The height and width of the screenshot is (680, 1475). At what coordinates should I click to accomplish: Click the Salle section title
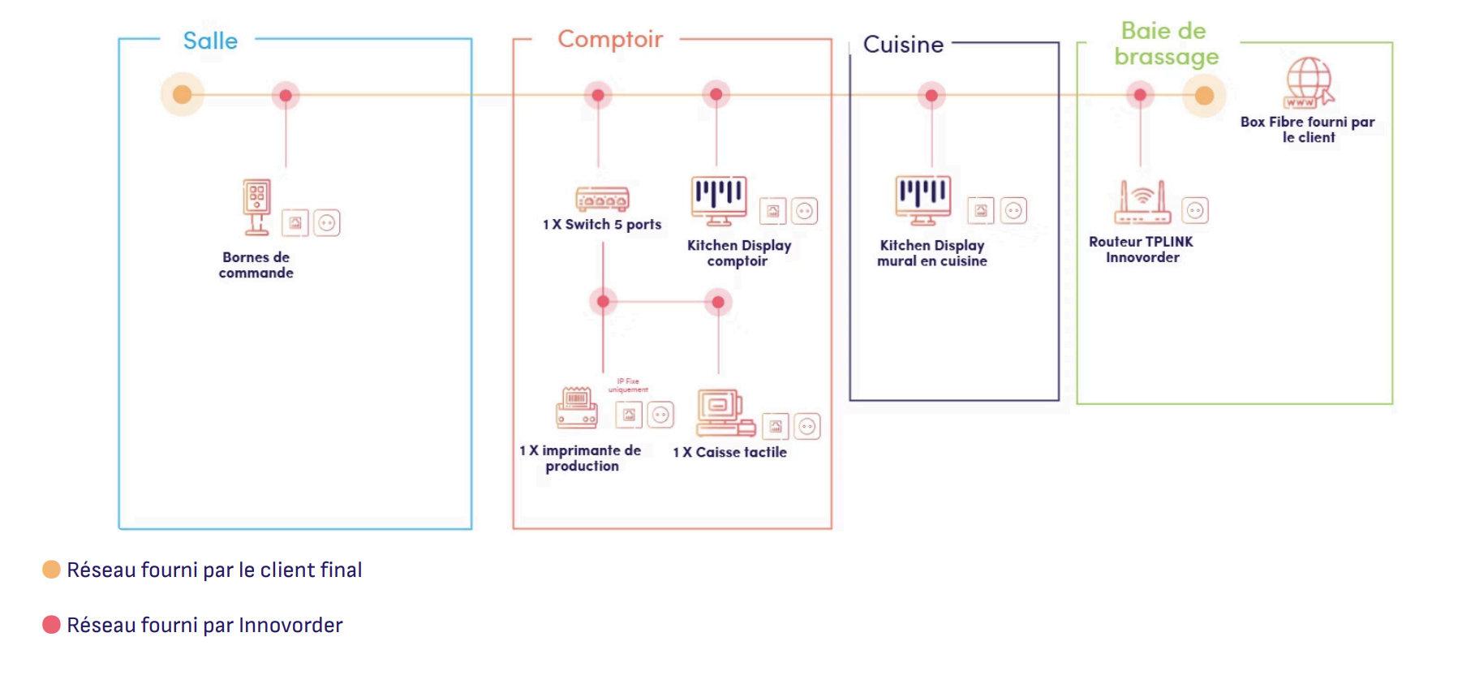click(x=210, y=41)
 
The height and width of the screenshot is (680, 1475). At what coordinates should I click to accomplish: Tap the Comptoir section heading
click(x=610, y=39)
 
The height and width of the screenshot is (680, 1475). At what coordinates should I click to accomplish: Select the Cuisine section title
click(x=903, y=45)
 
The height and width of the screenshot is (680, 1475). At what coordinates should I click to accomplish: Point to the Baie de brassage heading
click(x=1166, y=44)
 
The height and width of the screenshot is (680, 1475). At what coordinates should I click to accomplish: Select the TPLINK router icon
click(x=1142, y=203)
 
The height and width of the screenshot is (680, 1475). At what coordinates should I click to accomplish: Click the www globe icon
click(x=1309, y=82)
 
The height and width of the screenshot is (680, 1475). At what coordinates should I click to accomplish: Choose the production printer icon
click(x=577, y=408)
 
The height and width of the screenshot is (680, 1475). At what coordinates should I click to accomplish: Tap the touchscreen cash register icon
click(x=725, y=413)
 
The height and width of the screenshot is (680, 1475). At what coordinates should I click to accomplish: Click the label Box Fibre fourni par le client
click(x=1307, y=130)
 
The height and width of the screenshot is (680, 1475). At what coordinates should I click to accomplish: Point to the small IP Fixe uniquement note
click(x=628, y=385)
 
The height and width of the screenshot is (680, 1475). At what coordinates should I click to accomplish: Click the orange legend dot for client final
click(x=51, y=570)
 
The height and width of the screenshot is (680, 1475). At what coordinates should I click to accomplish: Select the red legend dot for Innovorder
click(x=51, y=625)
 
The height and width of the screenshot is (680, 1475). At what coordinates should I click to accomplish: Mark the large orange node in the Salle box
click(x=183, y=95)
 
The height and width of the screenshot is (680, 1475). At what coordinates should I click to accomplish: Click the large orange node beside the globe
click(x=1204, y=96)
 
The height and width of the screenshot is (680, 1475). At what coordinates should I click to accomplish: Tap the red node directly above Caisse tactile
click(x=718, y=303)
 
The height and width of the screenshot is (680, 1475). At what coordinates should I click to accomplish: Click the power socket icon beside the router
click(x=1195, y=211)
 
